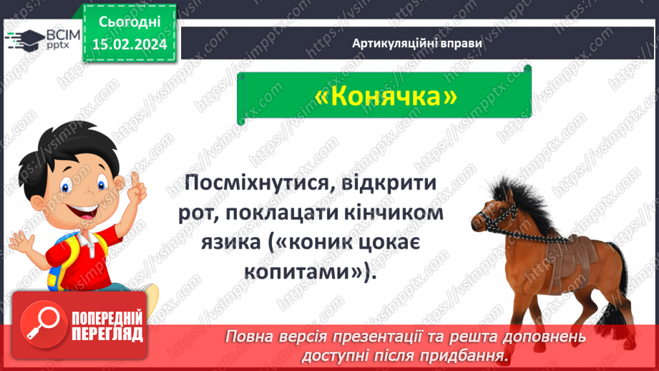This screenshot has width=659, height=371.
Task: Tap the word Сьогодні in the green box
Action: (129, 23)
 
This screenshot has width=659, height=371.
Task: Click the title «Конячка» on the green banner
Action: (385, 96)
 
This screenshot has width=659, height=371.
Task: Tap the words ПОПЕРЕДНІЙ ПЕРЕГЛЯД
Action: (106, 327)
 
